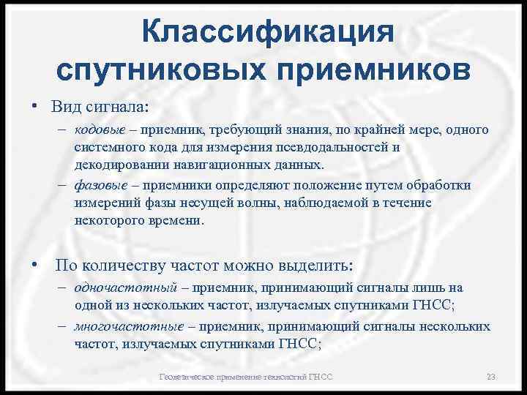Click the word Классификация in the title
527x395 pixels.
pos(268,32)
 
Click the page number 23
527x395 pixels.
pos(490,377)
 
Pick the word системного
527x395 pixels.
pos(107,147)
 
